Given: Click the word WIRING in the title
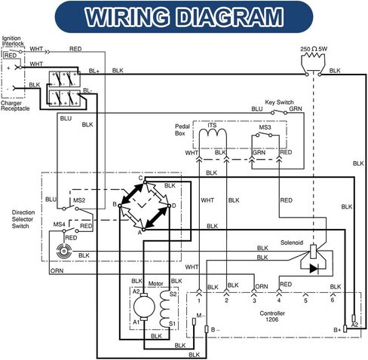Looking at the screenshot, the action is point(127,17).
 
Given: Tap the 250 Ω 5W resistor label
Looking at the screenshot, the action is point(314,49).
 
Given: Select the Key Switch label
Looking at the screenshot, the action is point(279,102).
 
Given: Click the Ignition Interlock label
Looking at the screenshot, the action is point(13,41).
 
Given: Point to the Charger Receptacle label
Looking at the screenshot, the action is point(15,106).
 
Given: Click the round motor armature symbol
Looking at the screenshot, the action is point(144,307).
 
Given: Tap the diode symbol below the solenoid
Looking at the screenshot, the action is point(314,269).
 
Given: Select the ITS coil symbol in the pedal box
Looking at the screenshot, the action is point(213,133).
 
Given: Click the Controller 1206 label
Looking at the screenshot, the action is point(272,316).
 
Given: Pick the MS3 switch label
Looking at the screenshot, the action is point(265,127).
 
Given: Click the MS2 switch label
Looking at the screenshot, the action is point(79,200).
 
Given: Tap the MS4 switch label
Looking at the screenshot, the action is point(60,224).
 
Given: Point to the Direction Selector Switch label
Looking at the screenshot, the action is point(23,219).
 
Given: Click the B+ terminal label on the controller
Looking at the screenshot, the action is point(337,330).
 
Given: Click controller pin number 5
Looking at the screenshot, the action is point(305,301).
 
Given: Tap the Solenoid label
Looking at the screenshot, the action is point(292,243).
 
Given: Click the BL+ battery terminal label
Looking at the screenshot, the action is point(94,71).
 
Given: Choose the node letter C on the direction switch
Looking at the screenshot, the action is point(140,178).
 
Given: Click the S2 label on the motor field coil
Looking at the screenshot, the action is point(173,294).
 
